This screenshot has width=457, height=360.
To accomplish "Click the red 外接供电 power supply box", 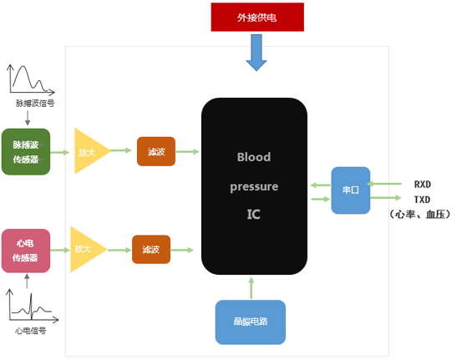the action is tap(257, 18).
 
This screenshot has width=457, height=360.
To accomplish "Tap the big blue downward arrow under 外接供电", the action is tap(256, 53).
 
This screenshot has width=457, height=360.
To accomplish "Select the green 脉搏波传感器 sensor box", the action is tap(26, 151).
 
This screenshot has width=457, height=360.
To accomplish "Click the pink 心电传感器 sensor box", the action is tap(26, 251).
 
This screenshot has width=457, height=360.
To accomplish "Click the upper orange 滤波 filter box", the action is tap(156, 151).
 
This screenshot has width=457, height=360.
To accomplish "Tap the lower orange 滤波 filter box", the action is tap(151, 249).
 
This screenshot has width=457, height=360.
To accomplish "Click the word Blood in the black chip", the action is tap(254, 157).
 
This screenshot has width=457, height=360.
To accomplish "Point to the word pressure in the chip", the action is tap(254, 186).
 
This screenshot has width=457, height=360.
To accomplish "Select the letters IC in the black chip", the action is tap(254, 215).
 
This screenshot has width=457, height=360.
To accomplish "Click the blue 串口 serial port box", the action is tap(351, 190).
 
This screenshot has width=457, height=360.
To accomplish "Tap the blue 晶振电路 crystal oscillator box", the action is tap(251, 322).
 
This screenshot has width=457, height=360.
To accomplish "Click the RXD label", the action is tap(422, 185).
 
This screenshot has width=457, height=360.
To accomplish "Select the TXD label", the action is tap(422, 200).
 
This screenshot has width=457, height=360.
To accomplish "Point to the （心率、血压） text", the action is tap(419, 215).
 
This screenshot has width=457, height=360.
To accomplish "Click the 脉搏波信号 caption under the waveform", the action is tap(35, 104).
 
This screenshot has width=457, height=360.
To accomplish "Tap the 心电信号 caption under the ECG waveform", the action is tap(31, 331).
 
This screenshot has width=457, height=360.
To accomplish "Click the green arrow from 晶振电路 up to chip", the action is tap(251, 288).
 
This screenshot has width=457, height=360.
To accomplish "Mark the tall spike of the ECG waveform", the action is tap(31, 306).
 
